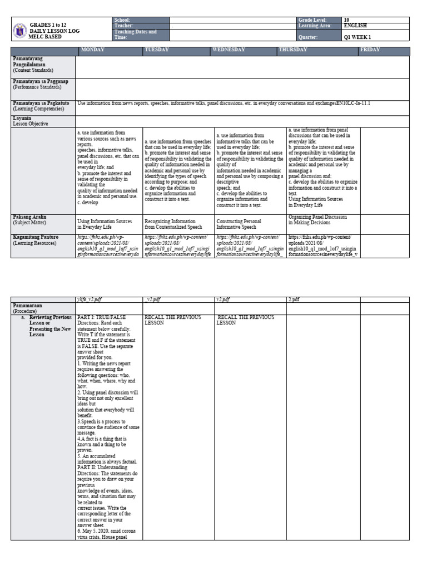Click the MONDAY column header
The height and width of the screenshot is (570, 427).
pos(93,50)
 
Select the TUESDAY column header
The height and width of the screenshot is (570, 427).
pos(157,50)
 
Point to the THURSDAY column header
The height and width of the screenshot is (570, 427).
pos(293,50)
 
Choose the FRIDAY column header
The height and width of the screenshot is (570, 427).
pos(370,50)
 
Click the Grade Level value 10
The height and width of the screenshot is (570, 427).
pos(347,19)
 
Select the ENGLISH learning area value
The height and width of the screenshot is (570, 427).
pos(356,26)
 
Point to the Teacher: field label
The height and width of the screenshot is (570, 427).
pos(124,26)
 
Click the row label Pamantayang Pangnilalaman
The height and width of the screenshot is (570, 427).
pos(32,61)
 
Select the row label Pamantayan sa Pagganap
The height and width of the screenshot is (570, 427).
pos(41,81)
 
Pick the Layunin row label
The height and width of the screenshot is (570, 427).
pos(22,118)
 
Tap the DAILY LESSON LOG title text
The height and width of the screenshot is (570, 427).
pos(54,31)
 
